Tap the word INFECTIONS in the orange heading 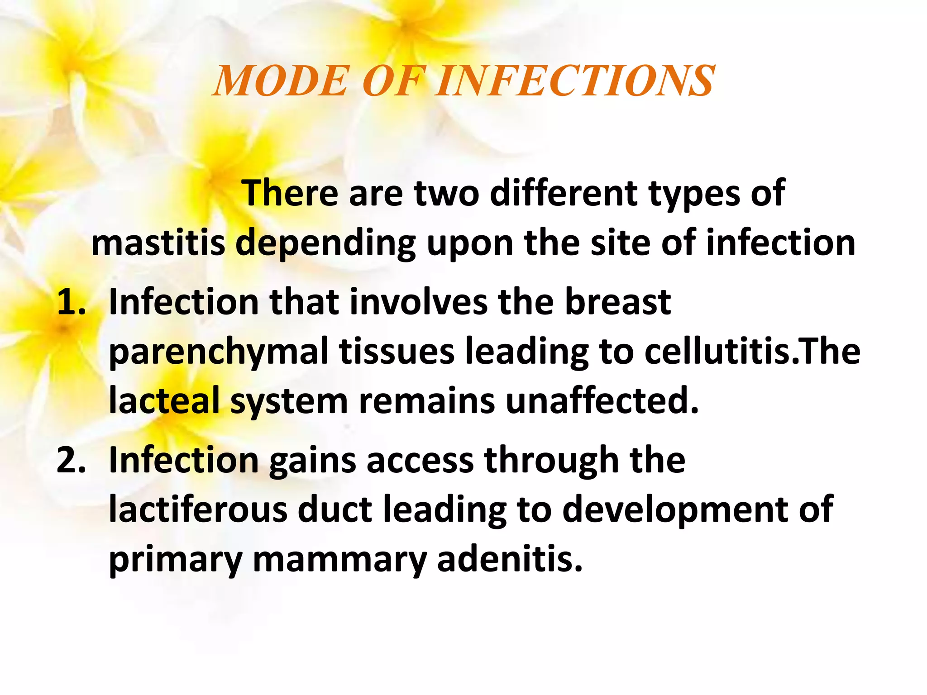tap(575, 81)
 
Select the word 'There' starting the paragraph tap(290, 194)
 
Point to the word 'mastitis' tap(158, 243)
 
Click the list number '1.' tap(71, 302)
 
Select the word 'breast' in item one tap(618, 302)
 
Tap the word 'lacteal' tap(164, 401)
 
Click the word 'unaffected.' tap(602, 401)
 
